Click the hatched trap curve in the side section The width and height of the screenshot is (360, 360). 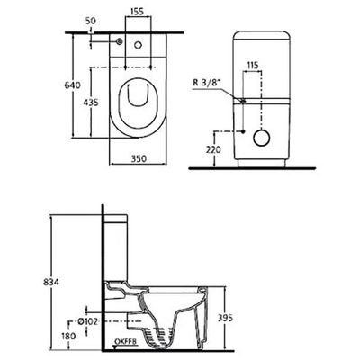[x=162, y=328]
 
